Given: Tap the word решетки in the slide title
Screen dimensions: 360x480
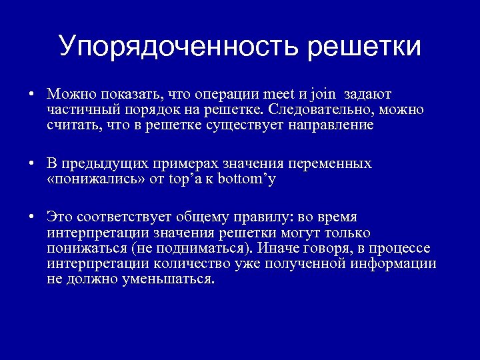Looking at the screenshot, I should pyautogui.click(x=364, y=47).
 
